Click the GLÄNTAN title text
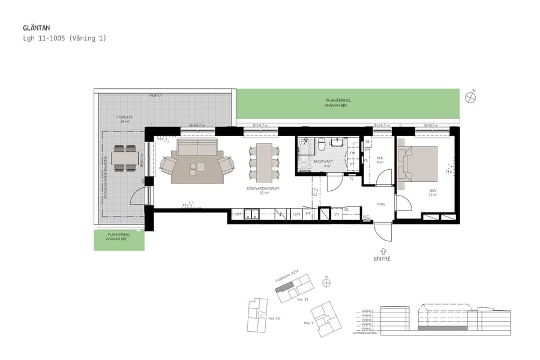[36, 28]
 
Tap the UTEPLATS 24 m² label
[124, 119]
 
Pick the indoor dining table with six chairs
[264, 163]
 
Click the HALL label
[380, 204]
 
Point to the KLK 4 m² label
[380, 160]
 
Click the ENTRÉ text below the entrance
[382, 259]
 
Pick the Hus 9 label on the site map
[308, 323]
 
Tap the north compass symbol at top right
[470, 98]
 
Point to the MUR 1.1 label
[156, 96]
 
